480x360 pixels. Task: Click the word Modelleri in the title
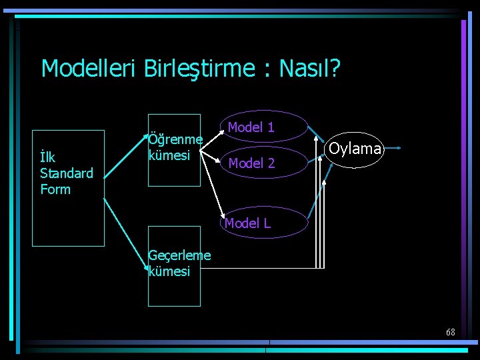coord(89,69)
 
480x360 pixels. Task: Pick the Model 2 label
coord(251,163)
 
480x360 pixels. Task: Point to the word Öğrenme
coord(175,140)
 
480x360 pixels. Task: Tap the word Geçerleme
coord(179,255)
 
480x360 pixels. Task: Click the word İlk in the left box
coord(47,158)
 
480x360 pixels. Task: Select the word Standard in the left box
coord(67,173)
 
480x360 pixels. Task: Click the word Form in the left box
coord(55,189)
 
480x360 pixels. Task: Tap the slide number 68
coord(451,332)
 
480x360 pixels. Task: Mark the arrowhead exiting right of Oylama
coord(398,148)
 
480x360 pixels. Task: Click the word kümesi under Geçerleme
coord(169,271)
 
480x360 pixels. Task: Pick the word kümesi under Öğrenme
coord(169,155)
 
